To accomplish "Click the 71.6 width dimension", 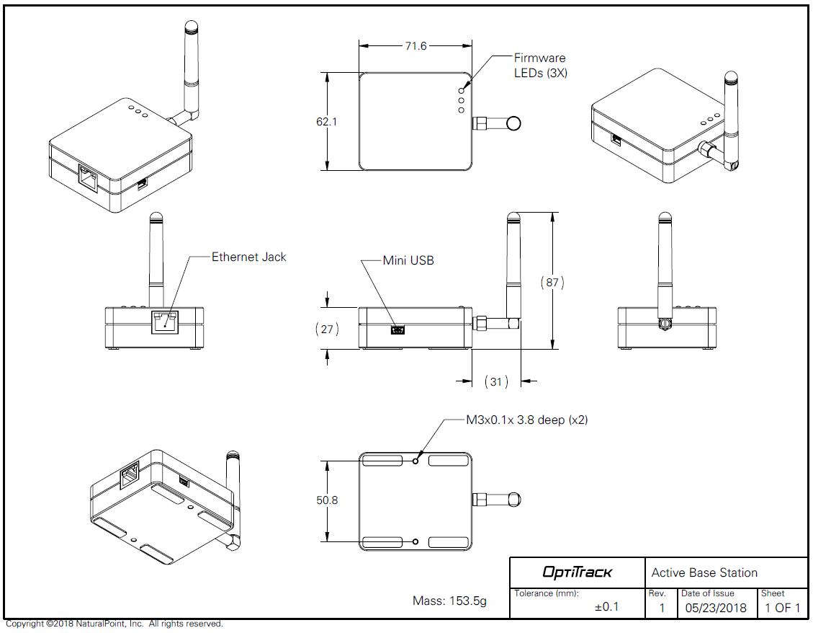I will (416, 46).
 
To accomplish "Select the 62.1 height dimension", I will (326, 122).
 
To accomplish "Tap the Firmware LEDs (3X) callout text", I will (539, 65).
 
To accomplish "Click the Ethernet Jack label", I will (248, 257).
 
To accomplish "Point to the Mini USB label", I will (408, 260).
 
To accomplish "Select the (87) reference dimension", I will (552, 283).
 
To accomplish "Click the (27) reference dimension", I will (327, 329).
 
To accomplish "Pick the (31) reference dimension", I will (495, 381).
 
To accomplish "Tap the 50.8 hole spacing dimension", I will (326, 500).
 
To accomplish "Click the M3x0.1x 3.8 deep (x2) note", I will (526, 420).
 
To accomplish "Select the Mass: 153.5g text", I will (449, 601).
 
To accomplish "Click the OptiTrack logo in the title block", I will (577, 572).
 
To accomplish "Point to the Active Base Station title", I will (704, 572).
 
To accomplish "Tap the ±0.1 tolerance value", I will (606, 607).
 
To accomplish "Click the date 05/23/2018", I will (716, 608).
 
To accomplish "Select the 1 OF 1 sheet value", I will (782, 608).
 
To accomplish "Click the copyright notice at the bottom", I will (114, 624).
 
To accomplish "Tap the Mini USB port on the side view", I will (397, 329).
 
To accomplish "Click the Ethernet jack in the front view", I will (165, 322).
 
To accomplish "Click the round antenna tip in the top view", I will (513, 123).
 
